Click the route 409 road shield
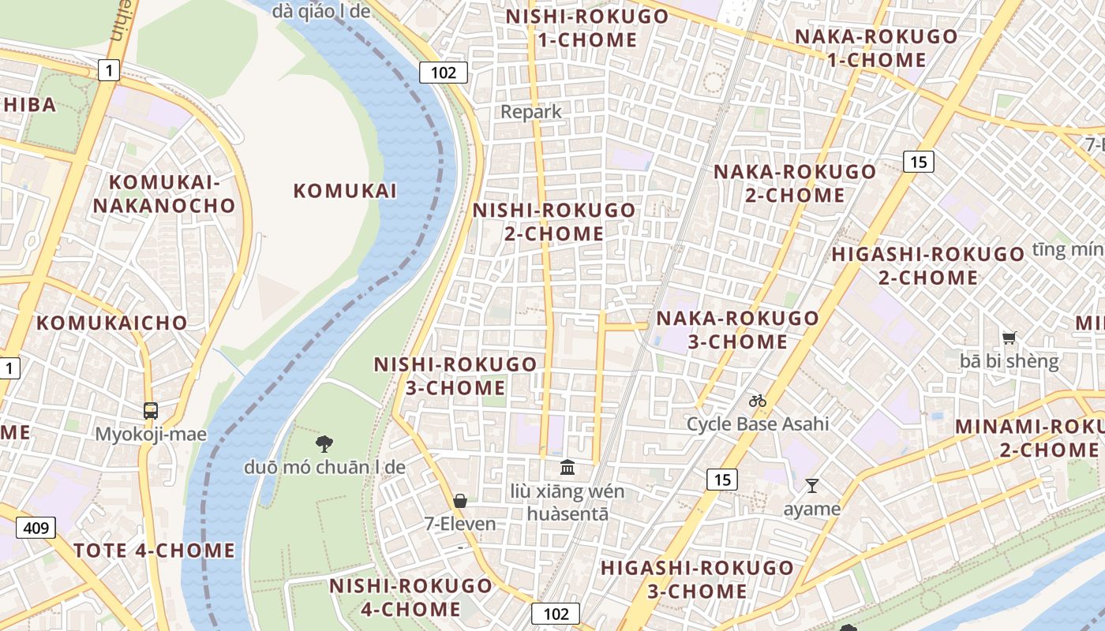coord(36,527)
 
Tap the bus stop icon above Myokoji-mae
coord(151,410)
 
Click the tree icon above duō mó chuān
coord(324,443)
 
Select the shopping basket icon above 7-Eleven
coord(460,500)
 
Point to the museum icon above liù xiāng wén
coord(567,468)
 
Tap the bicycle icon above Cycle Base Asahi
coord(758,401)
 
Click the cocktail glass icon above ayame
coord(812,485)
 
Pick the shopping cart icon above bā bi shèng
coord(1009,338)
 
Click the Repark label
coord(531,112)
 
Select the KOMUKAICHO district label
coord(112,323)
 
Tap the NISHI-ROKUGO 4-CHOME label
coord(410,597)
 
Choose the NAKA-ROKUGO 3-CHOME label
coord(738,330)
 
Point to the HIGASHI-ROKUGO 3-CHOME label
coord(698,579)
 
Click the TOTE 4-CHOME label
coord(155,551)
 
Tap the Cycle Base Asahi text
coord(758,424)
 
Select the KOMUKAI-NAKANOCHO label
coord(164,194)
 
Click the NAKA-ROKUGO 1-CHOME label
coord(876,48)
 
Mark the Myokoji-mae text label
coord(151,435)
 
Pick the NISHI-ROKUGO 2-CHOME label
coord(553,222)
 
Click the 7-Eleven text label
coord(460,524)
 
